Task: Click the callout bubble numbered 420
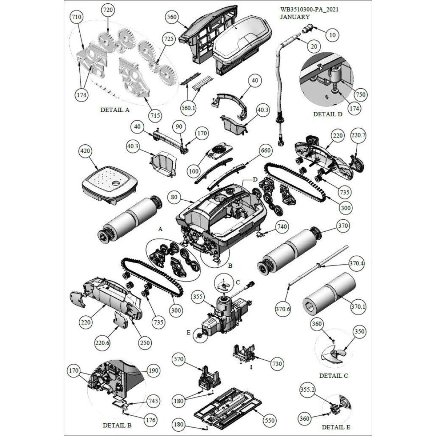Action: [85, 151]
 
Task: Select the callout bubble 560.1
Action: [188, 108]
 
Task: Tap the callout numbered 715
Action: [155, 115]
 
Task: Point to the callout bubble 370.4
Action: [357, 263]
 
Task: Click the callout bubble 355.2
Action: [308, 390]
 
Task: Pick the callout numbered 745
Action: [153, 401]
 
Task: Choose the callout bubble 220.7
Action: [358, 135]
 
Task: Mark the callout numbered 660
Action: [266, 150]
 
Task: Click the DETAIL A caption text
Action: [115, 110]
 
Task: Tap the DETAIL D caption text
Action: [328, 114]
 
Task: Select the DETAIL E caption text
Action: [336, 427]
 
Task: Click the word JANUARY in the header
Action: [295, 17]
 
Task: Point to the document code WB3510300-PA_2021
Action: [309, 9]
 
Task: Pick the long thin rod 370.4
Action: [318, 266]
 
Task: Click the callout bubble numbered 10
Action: [332, 35]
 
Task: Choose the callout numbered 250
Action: [145, 343]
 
